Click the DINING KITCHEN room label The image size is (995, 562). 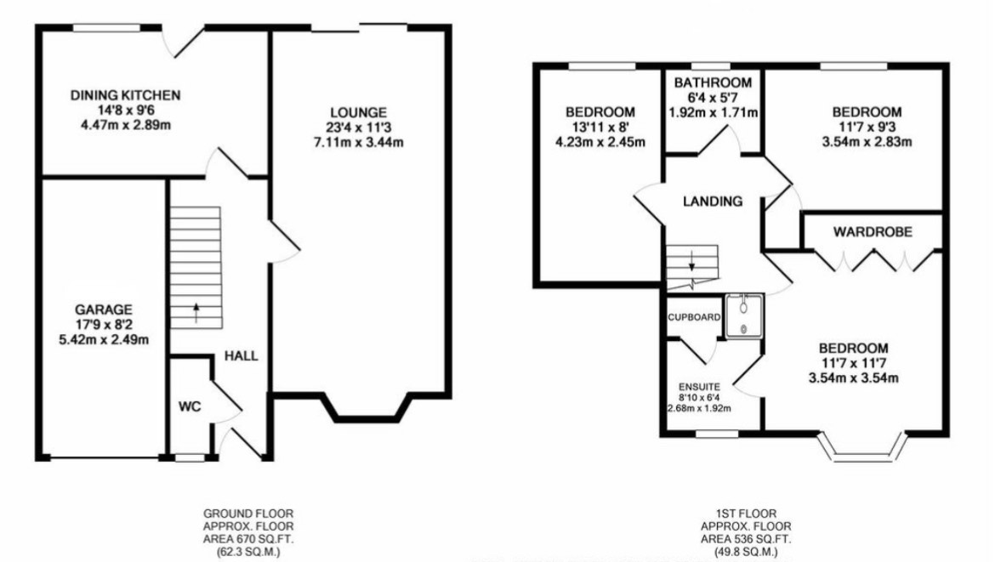125,96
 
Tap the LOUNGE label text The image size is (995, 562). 358,113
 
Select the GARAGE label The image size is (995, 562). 104,309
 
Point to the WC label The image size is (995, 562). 189,406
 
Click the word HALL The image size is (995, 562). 242,356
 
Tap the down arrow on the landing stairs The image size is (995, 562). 691,261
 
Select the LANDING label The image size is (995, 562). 713,202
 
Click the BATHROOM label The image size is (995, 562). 713,83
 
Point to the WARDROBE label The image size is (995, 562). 873,232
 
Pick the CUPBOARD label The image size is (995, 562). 694,317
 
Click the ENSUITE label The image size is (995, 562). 699,387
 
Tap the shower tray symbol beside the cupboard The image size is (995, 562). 744,316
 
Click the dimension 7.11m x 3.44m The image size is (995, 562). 359,142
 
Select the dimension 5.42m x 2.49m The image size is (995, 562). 104,340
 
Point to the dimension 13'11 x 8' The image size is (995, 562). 600,128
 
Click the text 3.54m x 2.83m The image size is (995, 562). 867,142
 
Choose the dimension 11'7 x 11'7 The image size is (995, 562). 854,363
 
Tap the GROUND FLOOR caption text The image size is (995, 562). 248,514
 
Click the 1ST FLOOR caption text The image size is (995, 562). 746,514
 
